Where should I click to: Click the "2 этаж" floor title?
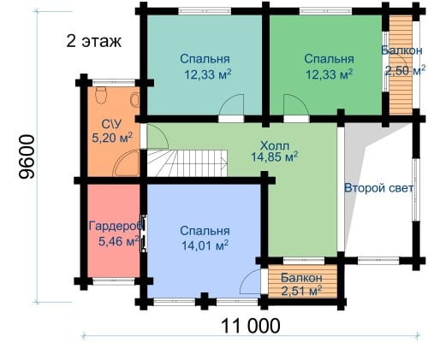(x=94, y=41)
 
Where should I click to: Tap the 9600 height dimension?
(x=27, y=156)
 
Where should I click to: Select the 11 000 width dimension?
(x=251, y=326)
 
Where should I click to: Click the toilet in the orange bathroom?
(x=101, y=95)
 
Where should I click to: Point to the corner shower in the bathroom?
(x=126, y=164)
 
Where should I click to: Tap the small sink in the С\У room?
(x=135, y=100)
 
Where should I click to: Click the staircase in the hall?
(x=187, y=163)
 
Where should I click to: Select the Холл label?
(x=275, y=146)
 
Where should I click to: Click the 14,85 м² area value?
(x=275, y=156)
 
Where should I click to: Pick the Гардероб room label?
(x=116, y=226)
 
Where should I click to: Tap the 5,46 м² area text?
(x=119, y=241)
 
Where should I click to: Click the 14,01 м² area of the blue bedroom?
(x=205, y=245)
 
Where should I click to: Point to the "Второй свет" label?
(x=378, y=188)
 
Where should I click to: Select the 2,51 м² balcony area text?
(x=301, y=291)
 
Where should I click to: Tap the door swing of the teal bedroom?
(x=231, y=104)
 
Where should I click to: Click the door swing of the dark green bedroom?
(x=296, y=104)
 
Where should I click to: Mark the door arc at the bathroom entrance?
(x=158, y=136)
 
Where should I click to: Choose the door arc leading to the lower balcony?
(x=250, y=281)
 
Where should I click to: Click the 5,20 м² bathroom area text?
(x=112, y=138)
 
